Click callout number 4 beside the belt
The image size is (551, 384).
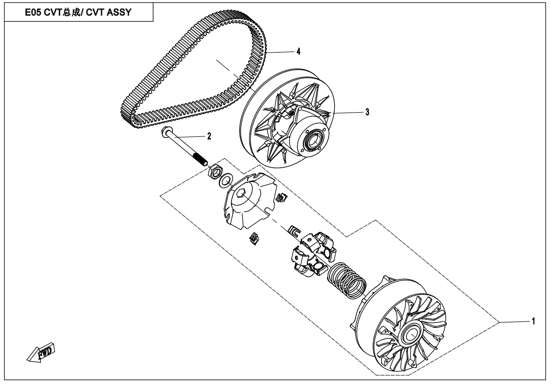[x=298, y=52]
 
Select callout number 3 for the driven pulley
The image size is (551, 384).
[x=367, y=112]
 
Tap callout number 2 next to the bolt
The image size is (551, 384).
[x=209, y=136]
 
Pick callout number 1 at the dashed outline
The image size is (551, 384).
[x=533, y=321]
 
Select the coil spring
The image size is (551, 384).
[x=347, y=279]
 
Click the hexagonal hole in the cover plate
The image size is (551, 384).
[x=241, y=194]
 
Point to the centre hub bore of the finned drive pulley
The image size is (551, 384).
[x=410, y=334]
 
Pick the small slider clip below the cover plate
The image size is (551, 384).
[x=254, y=238]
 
